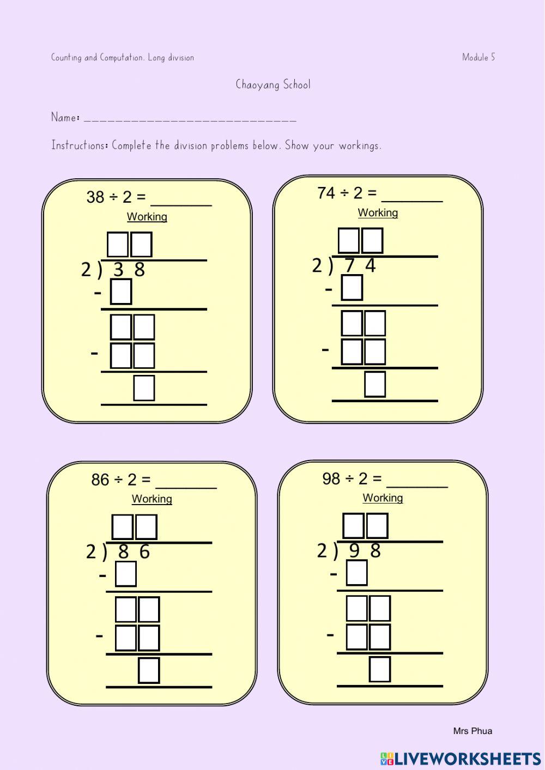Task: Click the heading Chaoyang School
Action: point(273,84)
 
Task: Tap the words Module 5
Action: point(479,57)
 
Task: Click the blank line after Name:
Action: point(190,119)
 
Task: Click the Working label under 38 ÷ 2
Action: point(147,217)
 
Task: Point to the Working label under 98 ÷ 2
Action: point(383,498)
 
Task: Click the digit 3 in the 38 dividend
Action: point(118,270)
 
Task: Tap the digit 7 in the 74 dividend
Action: point(350,266)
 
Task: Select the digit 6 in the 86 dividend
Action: point(144,552)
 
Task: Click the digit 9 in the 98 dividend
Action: point(354,551)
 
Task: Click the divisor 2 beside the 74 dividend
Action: point(317,266)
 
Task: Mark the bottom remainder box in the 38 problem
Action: point(144,388)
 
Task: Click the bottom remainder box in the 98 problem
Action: point(380,670)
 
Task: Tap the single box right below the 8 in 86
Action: point(126,574)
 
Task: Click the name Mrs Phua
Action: point(473,731)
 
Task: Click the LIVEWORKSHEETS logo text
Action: point(468,759)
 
